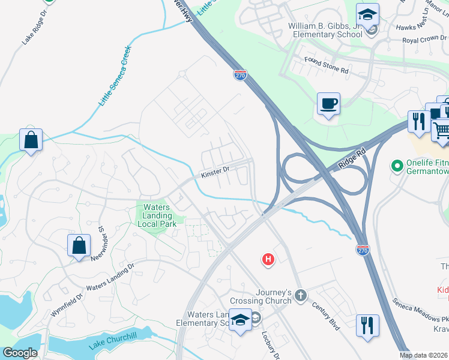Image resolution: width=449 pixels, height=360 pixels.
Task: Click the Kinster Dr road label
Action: [216, 172]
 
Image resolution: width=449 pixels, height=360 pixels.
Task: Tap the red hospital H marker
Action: [268, 259]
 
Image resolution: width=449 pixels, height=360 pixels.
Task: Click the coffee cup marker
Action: [328, 104]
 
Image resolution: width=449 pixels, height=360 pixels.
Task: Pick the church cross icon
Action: [301, 295]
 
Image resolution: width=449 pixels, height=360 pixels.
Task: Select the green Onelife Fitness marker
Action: [396, 164]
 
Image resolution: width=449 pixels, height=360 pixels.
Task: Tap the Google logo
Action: [20, 353]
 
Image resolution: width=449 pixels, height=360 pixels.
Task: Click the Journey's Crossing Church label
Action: [265, 297]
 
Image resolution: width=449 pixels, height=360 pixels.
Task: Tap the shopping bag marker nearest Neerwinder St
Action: [79, 246]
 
